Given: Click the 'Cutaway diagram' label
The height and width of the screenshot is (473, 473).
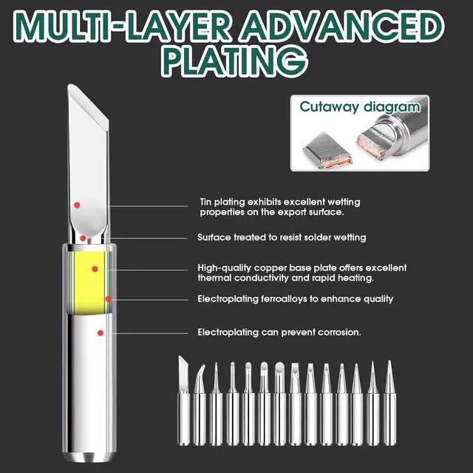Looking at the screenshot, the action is click(x=359, y=107).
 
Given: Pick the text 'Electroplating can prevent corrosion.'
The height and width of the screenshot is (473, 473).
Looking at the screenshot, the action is click(x=279, y=333).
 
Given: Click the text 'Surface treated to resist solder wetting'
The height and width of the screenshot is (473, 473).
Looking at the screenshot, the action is click(x=282, y=238).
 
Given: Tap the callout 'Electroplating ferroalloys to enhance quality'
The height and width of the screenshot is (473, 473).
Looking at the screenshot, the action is click(x=295, y=299).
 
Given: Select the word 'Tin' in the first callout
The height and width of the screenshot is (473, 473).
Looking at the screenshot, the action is click(x=206, y=202).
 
